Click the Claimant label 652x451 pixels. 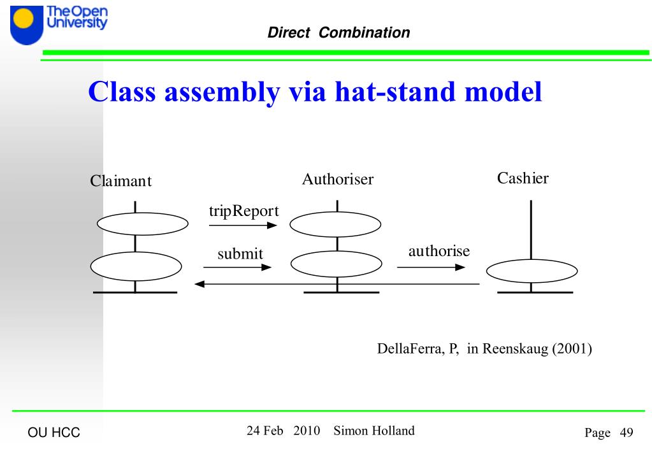point(120,182)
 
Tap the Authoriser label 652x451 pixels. point(337,180)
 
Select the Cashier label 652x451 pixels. point(523,178)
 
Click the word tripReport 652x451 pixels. point(244,211)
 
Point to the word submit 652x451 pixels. point(240,254)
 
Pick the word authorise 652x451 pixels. point(438,251)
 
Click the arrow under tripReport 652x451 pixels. point(243,225)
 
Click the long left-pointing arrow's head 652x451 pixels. point(199,283)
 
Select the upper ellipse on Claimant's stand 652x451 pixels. point(143,223)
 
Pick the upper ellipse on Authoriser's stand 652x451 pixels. point(335,224)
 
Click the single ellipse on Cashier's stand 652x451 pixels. point(531,272)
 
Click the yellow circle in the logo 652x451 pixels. point(24,19)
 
